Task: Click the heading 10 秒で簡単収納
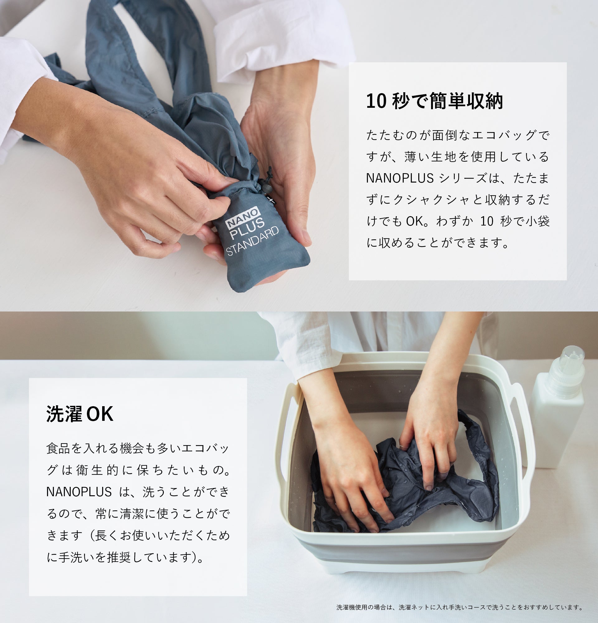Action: click(x=434, y=102)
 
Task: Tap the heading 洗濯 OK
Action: click(x=80, y=414)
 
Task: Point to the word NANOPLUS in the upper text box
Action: click(x=400, y=178)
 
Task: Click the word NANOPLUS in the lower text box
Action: click(x=79, y=492)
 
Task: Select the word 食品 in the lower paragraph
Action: click(x=58, y=449)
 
